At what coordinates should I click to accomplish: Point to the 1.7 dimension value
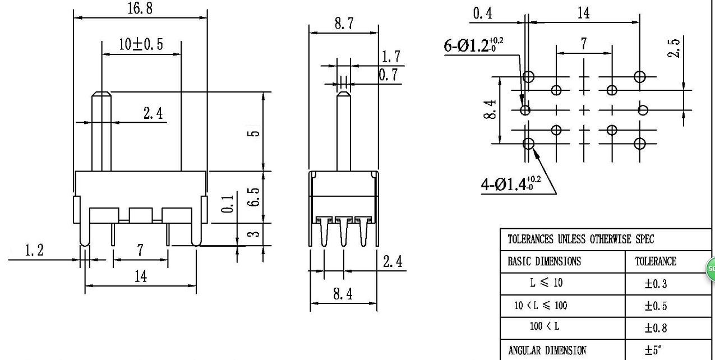point(391,57)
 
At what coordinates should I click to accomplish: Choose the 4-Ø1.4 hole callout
point(510,183)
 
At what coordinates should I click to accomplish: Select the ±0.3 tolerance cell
point(656,284)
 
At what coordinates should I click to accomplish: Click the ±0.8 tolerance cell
point(656,328)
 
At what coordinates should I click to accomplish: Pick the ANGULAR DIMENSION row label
point(547,350)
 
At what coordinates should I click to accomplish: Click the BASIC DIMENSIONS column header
point(544,261)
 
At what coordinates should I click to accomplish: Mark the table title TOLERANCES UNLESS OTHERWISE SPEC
point(580,238)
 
